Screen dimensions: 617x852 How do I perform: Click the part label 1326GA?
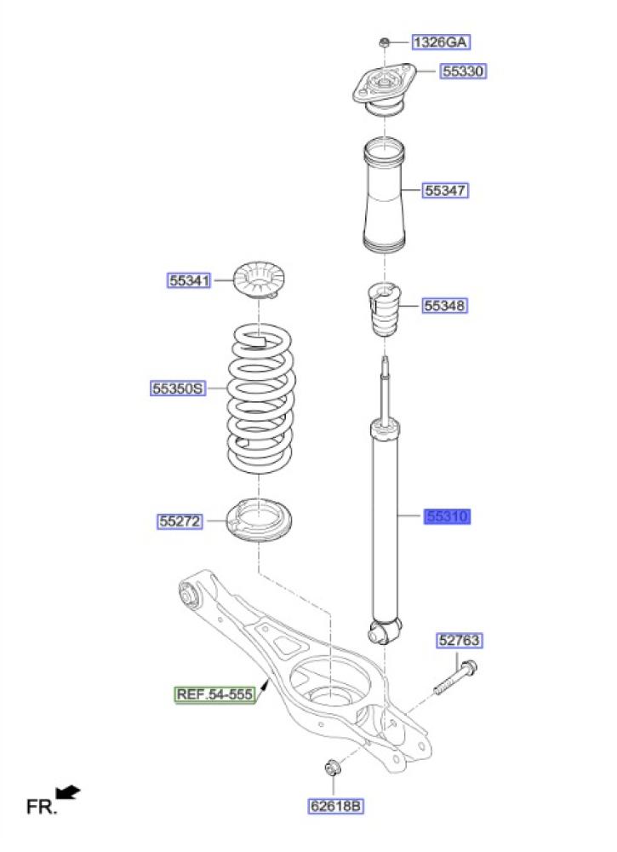click(x=441, y=42)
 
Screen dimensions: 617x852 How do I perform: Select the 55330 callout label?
click(x=463, y=71)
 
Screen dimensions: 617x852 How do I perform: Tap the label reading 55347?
click(x=445, y=190)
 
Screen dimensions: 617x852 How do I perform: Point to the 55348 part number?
click(x=444, y=305)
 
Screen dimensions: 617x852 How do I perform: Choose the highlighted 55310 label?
click(x=447, y=516)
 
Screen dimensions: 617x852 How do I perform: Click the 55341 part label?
click(x=189, y=280)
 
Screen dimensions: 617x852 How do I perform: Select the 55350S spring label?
click(x=178, y=389)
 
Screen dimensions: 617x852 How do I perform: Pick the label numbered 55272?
click(x=180, y=521)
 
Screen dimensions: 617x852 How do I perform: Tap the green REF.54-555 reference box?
click(x=215, y=694)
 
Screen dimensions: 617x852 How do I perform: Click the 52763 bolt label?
click(x=459, y=640)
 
